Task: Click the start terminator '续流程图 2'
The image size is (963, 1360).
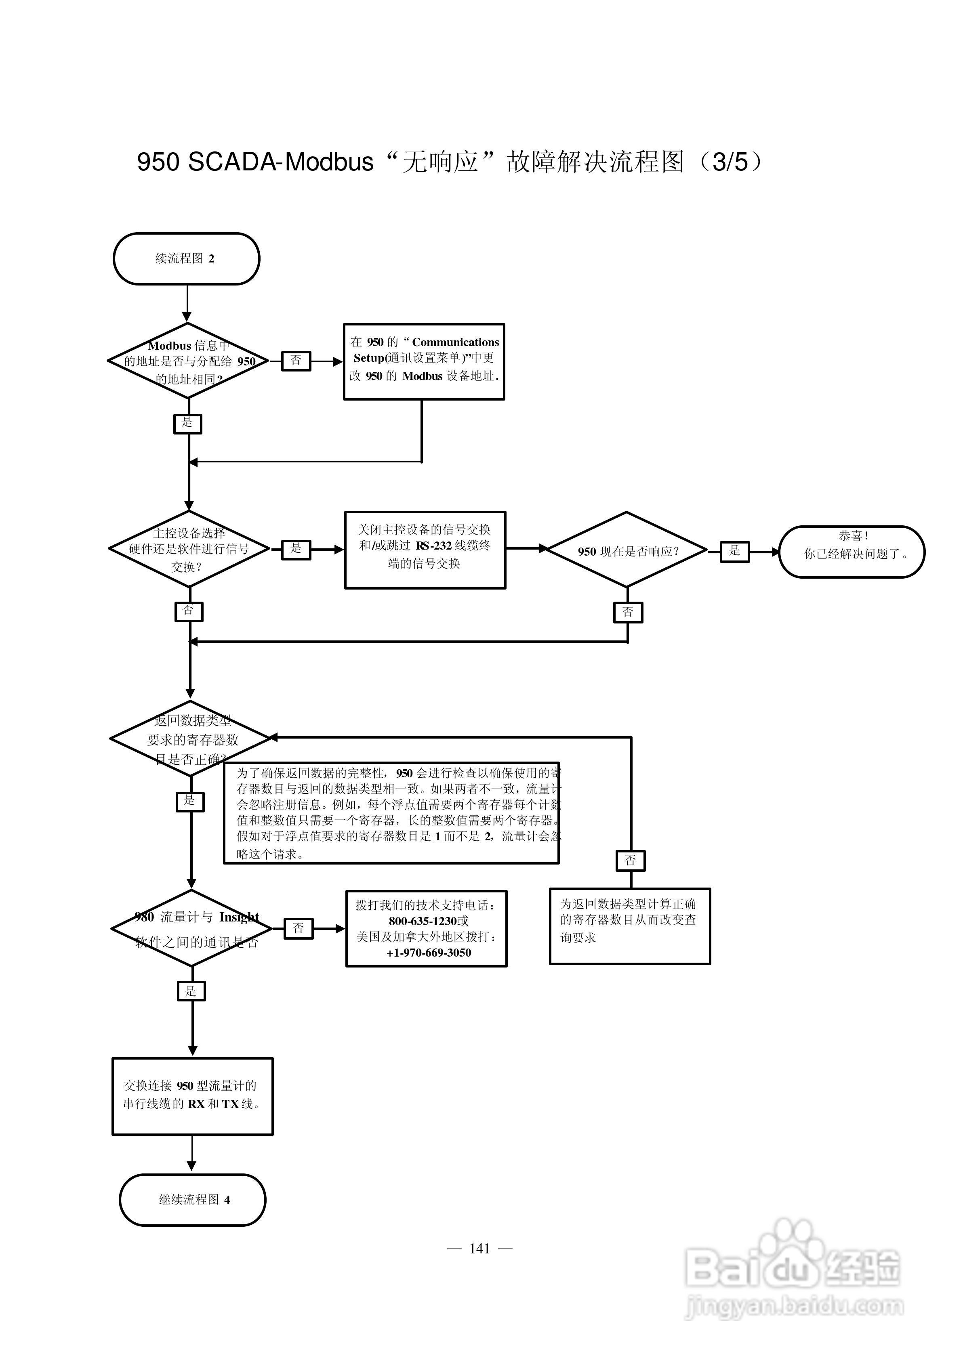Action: point(186,258)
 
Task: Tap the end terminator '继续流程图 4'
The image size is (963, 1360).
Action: point(193,1199)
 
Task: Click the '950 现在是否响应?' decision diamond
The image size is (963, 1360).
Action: point(627,550)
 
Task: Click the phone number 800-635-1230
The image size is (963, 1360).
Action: point(428,921)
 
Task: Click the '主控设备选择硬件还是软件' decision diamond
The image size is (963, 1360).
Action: point(189,549)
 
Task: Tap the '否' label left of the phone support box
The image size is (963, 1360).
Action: point(298,928)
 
